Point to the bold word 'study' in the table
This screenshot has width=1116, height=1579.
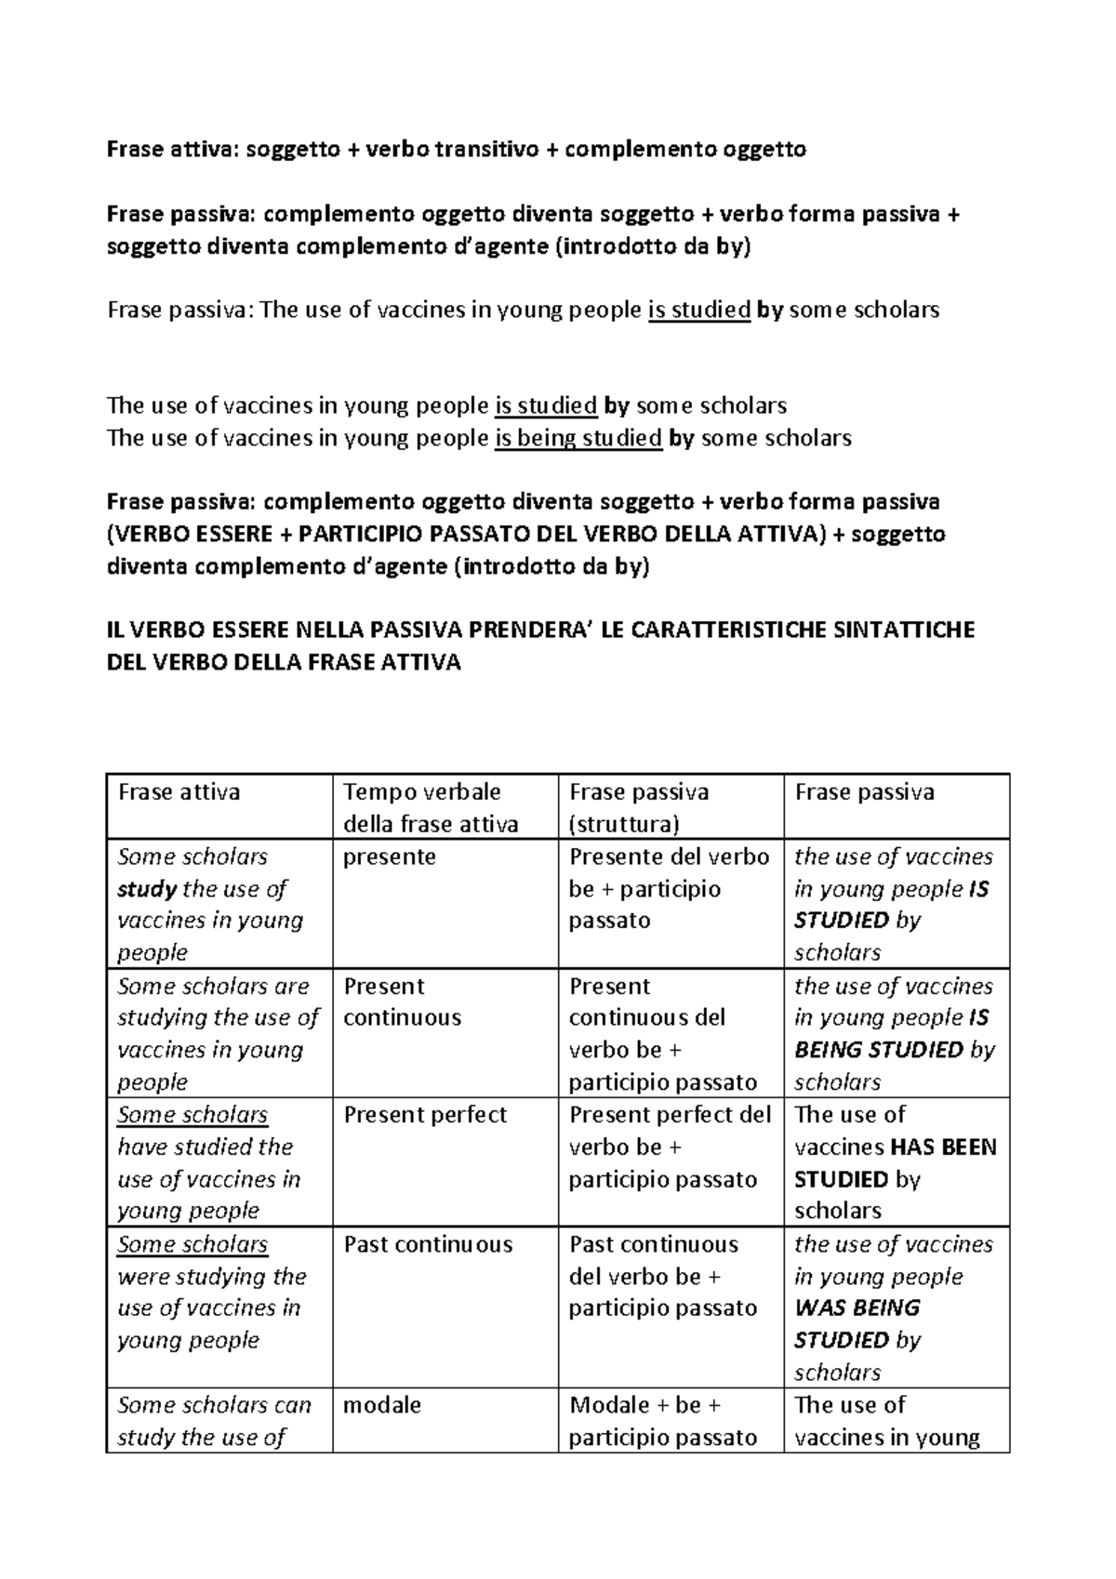coord(147,889)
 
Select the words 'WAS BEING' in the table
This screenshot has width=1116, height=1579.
coord(857,1307)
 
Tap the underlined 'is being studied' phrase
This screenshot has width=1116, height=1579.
coord(578,438)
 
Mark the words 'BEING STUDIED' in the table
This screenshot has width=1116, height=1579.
coord(879,1050)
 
